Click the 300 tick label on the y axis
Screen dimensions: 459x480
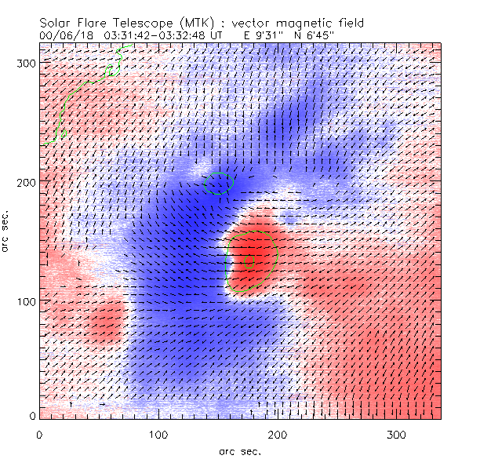click(27, 63)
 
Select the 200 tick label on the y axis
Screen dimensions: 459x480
click(27, 182)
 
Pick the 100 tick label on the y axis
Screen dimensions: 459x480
click(27, 301)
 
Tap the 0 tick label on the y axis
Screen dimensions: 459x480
click(34, 416)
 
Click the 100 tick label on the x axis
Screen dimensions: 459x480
click(158, 435)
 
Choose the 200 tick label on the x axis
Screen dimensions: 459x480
click(278, 435)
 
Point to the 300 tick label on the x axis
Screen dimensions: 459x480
click(397, 435)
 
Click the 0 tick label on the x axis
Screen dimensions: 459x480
click(39, 435)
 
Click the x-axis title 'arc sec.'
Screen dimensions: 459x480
click(240, 450)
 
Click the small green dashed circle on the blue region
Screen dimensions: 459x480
click(219, 183)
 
